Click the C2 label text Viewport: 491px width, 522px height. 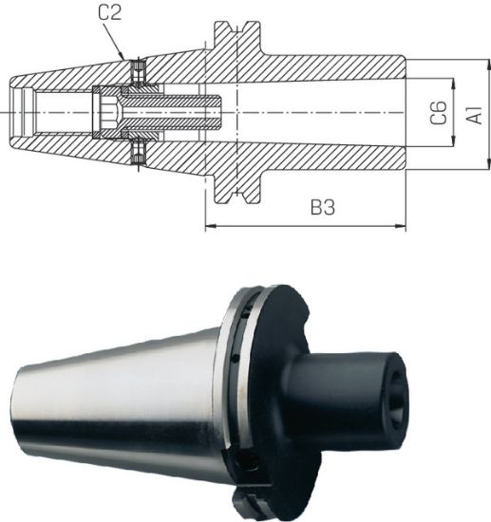pyautogui.click(x=110, y=12)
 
